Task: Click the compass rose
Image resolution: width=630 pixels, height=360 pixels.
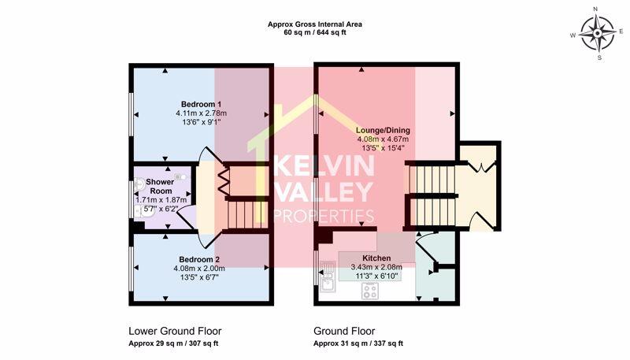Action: pyautogui.click(x=597, y=33)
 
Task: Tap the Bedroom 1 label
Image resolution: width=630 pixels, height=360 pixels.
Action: pyautogui.click(x=201, y=104)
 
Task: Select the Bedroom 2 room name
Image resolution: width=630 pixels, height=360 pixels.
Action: pyautogui.click(x=198, y=259)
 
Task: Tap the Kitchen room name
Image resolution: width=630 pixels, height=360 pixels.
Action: pyautogui.click(x=376, y=258)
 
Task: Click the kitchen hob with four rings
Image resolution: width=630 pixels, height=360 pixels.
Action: pyautogui.click(x=372, y=291)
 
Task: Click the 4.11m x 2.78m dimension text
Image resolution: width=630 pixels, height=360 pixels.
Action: pyautogui.click(x=202, y=113)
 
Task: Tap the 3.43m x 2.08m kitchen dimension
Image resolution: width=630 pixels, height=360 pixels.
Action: pyautogui.click(x=376, y=267)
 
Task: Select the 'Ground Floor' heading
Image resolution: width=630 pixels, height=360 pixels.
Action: pyautogui.click(x=344, y=331)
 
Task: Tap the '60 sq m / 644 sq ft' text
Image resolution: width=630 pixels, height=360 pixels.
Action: pyautogui.click(x=314, y=34)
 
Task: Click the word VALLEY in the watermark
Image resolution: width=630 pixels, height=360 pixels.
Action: pyautogui.click(x=323, y=192)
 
